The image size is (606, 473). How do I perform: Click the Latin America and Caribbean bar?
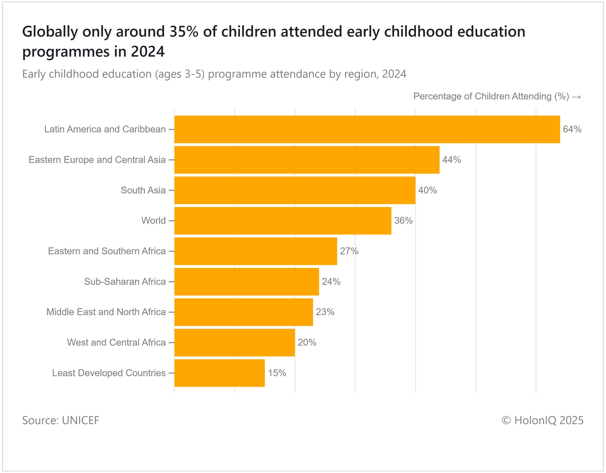click(x=367, y=129)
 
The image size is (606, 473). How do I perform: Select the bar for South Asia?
click(x=295, y=190)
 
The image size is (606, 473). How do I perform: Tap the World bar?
click(x=283, y=221)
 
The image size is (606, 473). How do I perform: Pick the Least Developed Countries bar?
click(x=219, y=373)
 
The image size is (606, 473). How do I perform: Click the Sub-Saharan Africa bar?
click(x=247, y=282)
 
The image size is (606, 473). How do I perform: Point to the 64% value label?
click(x=572, y=129)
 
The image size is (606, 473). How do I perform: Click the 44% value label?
click(x=451, y=160)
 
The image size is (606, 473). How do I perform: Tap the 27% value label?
click(x=349, y=251)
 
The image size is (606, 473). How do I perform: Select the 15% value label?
click(x=277, y=373)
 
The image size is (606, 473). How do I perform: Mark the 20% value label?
click(x=307, y=343)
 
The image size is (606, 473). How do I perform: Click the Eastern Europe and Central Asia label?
click(x=97, y=160)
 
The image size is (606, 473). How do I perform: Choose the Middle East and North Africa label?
click(x=106, y=312)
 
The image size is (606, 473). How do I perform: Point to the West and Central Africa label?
click(x=116, y=343)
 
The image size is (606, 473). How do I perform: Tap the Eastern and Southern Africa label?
click(x=107, y=251)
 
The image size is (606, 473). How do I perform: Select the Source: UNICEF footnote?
click(x=61, y=421)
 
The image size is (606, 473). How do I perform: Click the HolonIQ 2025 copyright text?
click(x=542, y=421)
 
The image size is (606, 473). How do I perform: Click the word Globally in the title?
click(x=50, y=32)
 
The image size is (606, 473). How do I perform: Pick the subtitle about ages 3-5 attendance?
click(x=214, y=74)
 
